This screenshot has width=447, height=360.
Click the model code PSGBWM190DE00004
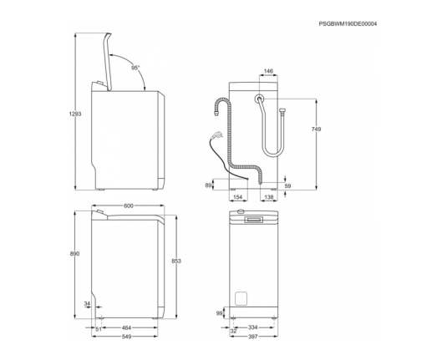[348, 24]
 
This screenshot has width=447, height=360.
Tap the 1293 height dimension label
[75, 114]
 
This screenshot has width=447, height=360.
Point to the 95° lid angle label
[135, 68]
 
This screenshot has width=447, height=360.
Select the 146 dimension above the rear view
[268, 71]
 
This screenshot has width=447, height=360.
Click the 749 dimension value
[316, 129]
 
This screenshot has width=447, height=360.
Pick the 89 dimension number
[208, 185]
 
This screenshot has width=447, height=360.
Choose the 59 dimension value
[287, 185]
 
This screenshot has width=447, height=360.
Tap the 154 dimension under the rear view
[238, 197]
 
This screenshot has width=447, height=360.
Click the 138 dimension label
[269, 197]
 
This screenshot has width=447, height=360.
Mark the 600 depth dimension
[129, 205]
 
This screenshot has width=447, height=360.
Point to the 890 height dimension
[74, 253]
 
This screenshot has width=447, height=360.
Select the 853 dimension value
[176, 261]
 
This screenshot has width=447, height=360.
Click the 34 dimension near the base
[87, 304]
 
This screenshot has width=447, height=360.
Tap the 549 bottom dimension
[126, 337]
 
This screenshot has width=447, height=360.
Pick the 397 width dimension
[253, 337]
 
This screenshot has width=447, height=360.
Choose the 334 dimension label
[253, 327]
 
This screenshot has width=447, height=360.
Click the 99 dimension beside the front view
[219, 313]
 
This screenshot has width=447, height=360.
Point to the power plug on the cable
[216, 134]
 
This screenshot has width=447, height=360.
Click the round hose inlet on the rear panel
[259, 99]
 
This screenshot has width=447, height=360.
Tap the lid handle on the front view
[253, 219]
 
